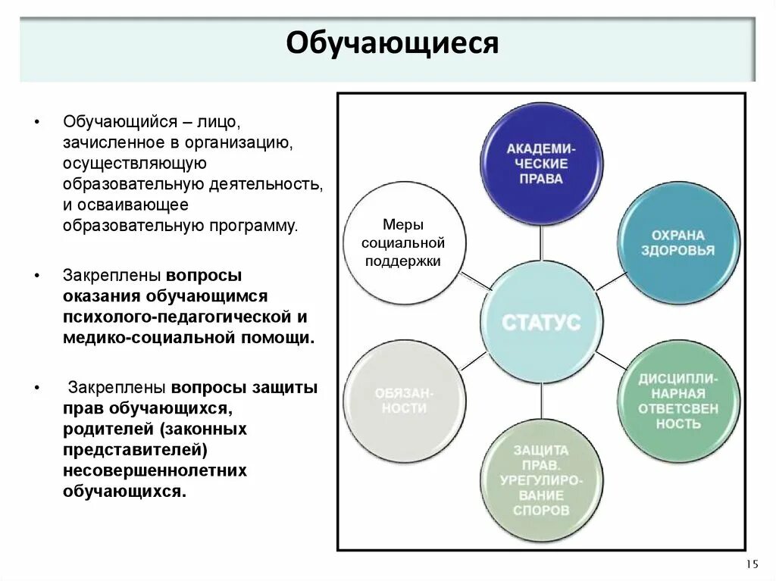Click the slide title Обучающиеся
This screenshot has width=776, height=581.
point(392,43)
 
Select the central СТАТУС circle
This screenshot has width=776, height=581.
point(541,322)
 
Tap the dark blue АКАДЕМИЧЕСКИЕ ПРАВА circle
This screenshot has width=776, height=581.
point(542,164)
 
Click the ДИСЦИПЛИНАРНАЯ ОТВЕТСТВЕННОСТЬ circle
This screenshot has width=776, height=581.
point(677,401)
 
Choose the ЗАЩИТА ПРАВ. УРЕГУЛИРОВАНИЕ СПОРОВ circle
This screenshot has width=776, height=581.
point(541,479)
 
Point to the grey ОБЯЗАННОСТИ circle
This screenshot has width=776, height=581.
point(405,401)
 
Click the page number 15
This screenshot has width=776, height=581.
point(752,564)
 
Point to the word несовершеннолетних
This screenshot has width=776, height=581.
point(155,470)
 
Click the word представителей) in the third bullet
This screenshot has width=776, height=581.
point(136,450)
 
